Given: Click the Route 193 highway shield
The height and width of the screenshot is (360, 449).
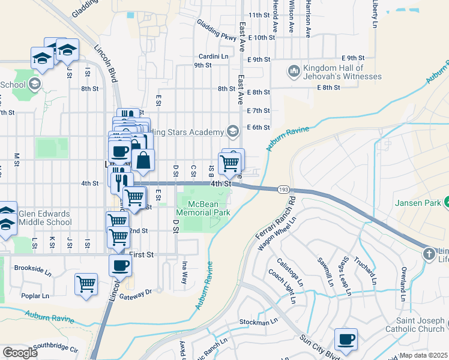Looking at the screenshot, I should pyautogui.click(x=283, y=190).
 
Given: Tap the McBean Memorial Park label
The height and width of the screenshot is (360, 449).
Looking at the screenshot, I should pyautogui.click(x=204, y=208).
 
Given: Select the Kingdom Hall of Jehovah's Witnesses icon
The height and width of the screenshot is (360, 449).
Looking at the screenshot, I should pyautogui.click(x=294, y=71).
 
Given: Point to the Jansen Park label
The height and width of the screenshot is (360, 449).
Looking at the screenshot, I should pyautogui.click(x=418, y=203).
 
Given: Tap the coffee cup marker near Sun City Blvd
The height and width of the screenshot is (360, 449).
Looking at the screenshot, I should pyautogui.click(x=346, y=340).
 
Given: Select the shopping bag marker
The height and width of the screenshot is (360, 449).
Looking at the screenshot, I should pyautogui.click(x=143, y=160).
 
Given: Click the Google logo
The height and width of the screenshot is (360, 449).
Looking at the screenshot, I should pyautogui.click(x=20, y=353).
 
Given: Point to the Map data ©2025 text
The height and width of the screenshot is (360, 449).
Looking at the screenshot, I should pyautogui.click(x=424, y=355).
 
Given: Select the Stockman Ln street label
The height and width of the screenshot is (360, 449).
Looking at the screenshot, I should pyautogui.click(x=258, y=321).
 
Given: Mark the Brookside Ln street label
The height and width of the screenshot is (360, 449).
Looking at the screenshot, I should pyautogui.click(x=34, y=269).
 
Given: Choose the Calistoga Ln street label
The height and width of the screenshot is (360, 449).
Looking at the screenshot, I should pyautogui.click(x=291, y=272).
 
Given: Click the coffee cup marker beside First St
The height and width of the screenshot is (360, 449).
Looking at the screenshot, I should pyautogui.click(x=120, y=265).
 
